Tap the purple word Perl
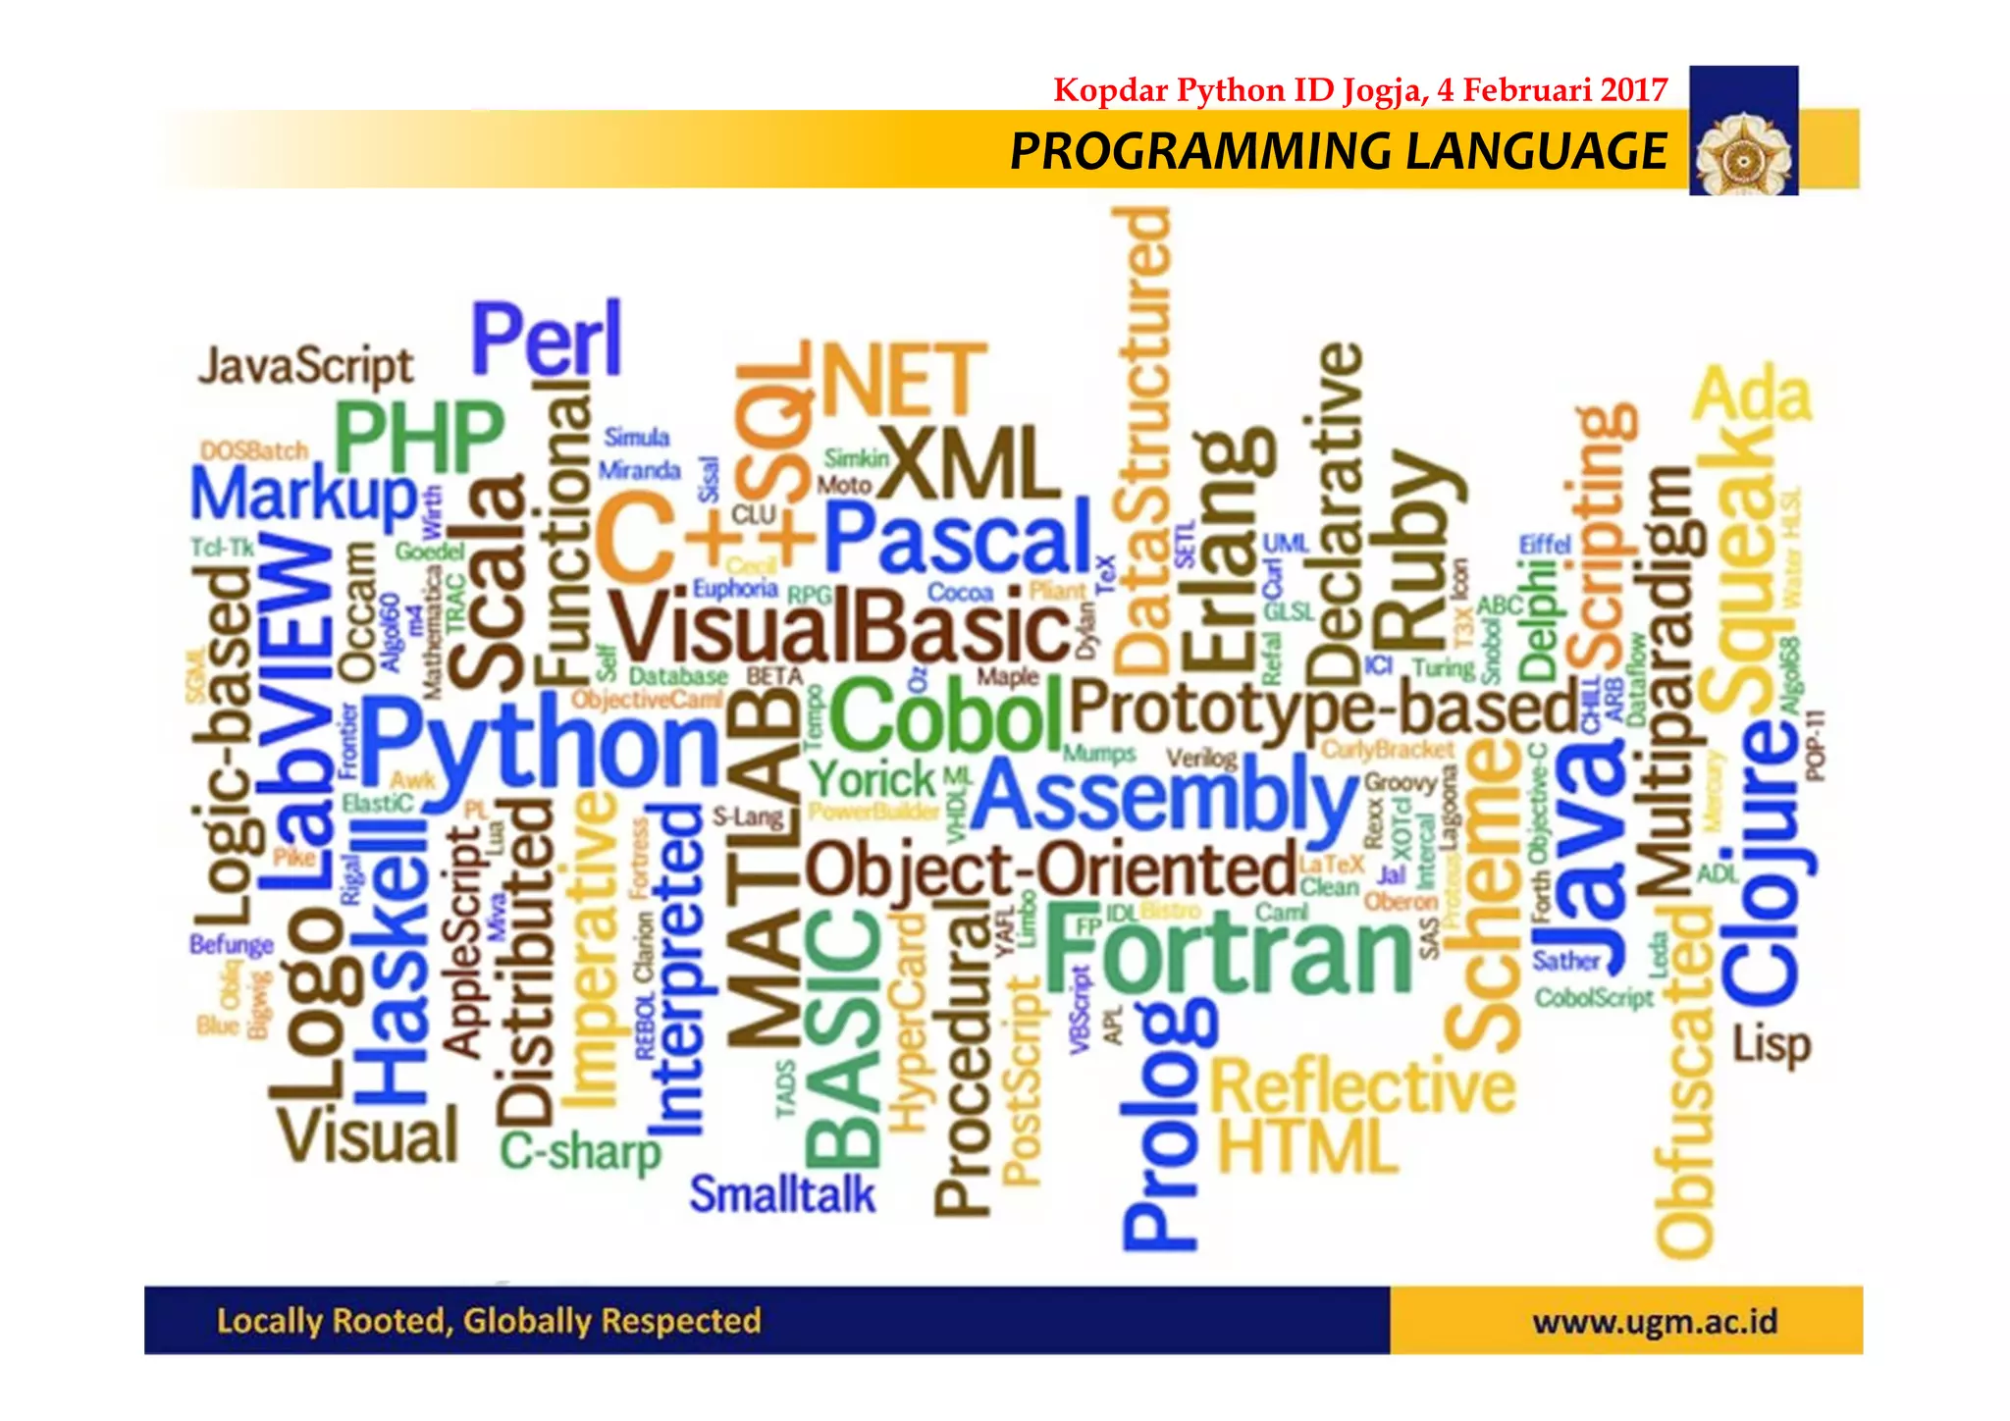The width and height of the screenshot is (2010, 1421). point(547,339)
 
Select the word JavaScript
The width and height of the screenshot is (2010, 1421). point(305,367)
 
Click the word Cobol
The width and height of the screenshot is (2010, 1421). point(947,713)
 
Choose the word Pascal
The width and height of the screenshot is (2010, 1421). point(957,538)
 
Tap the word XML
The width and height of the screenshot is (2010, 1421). point(970,465)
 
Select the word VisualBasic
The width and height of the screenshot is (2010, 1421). point(840,629)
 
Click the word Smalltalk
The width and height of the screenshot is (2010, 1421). point(781,1195)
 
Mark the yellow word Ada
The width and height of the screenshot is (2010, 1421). point(1752,395)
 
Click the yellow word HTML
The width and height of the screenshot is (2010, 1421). point(1306,1146)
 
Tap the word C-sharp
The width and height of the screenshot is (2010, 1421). point(581,1151)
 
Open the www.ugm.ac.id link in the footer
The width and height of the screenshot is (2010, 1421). point(1655,1322)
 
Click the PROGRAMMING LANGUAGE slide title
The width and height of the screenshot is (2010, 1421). point(1338,152)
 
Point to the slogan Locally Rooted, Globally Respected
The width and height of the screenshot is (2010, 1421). point(489,1321)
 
